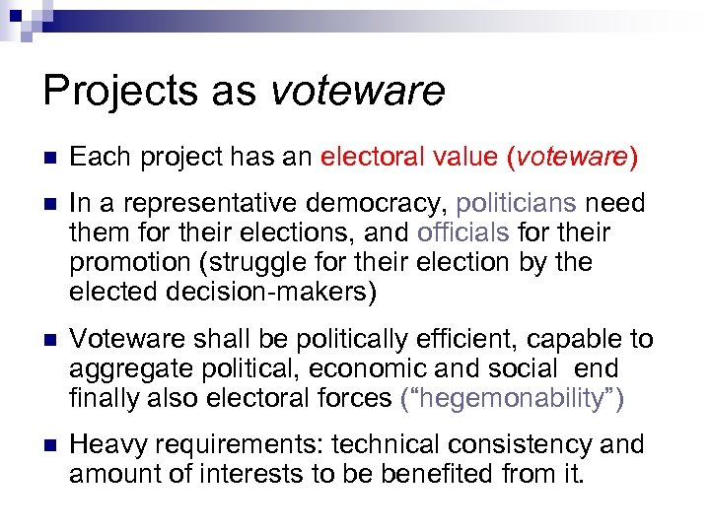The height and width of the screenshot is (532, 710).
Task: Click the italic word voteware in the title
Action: pos(356,92)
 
